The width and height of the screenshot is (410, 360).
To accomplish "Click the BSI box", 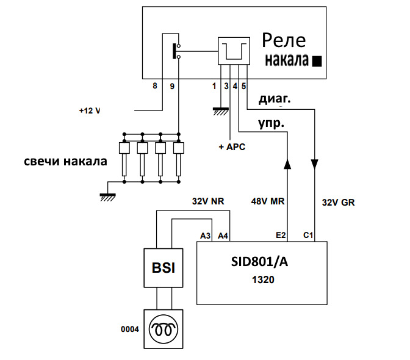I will pos(163,268).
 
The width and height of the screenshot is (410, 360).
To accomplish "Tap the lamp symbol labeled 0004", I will pos(163,329).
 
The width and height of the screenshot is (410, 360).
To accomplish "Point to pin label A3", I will pos(206,234).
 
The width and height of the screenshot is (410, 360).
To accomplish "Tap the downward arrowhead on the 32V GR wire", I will pos(314,165).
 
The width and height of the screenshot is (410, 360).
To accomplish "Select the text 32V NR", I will pos(207,201).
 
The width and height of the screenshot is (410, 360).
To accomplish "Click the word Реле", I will pos(284,41).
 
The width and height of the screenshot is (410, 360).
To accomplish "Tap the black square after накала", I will pos(317,62).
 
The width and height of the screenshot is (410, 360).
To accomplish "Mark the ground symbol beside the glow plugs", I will pos(107,195).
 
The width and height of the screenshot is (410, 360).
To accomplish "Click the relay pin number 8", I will pos(155,86).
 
